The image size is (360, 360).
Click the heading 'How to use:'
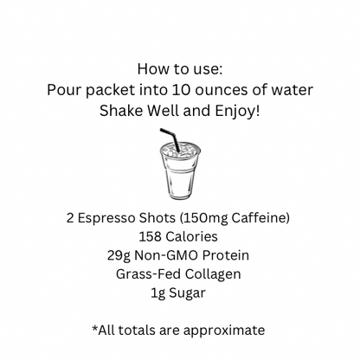coord(180,69)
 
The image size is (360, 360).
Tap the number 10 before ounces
coord(181,90)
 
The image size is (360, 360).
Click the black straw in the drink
coord(170,139)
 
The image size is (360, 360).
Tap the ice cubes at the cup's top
coord(180,151)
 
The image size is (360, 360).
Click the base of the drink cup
coord(180,196)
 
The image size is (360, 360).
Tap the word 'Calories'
coord(191,236)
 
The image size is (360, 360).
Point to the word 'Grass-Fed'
coord(148,274)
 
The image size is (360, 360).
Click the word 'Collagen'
coord(213,274)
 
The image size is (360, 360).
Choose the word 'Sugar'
coord(187,293)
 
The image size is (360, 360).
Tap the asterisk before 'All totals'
coord(95,327)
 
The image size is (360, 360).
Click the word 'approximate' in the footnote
coord(224,331)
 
